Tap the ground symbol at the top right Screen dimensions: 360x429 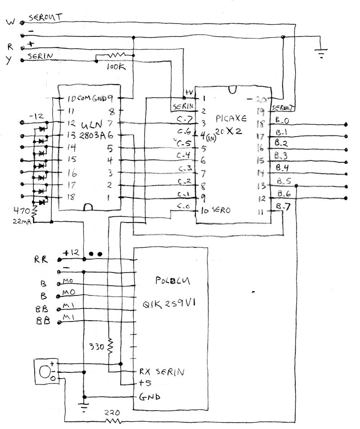pyautogui.click(x=321, y=54)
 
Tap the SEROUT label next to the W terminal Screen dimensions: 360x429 pyautogui.click(x=45, y=18)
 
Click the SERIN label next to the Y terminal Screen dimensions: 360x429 pyautogui.click(x=40, y=56)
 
